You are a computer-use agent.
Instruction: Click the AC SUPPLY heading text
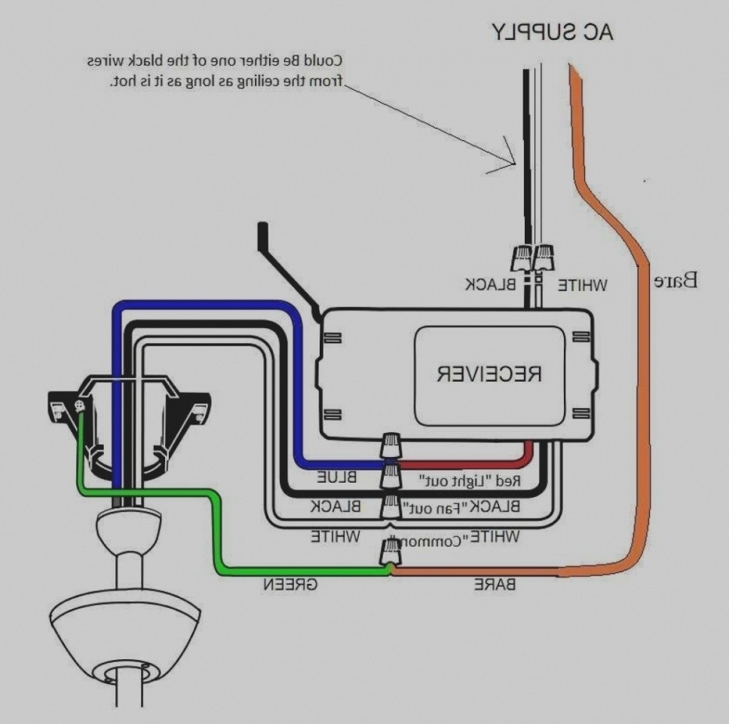554,32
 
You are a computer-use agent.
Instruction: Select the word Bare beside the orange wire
675,282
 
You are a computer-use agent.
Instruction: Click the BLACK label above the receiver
490,284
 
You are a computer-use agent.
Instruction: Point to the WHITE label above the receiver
582,284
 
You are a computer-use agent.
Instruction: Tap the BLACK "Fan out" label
461,507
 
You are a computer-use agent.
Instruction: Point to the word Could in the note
326,60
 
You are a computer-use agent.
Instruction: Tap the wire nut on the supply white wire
544,258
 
